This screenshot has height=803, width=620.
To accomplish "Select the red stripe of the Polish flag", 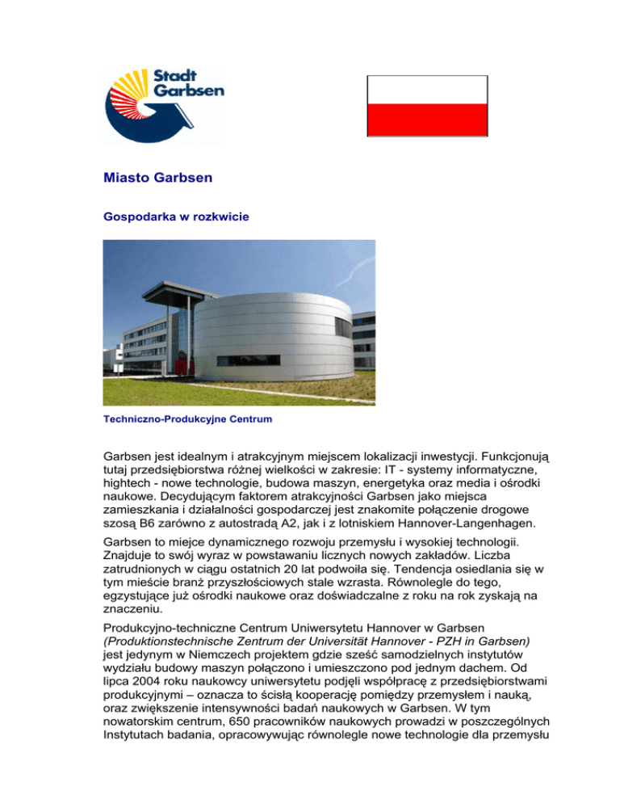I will [x=427, y=120].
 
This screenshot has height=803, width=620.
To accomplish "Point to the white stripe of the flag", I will [x=427, y=90].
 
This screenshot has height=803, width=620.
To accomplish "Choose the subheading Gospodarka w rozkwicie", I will [x=165, y=217].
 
